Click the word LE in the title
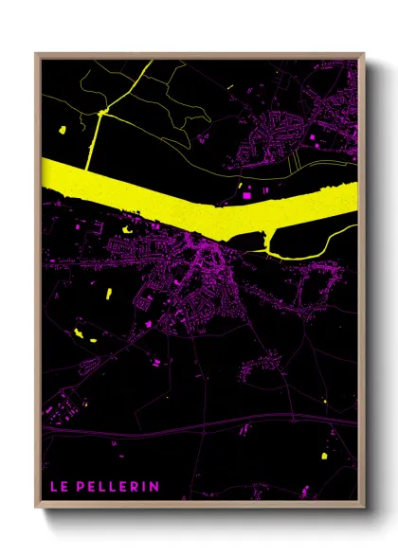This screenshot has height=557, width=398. (59, 487)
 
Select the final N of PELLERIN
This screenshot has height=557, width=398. (154, 487)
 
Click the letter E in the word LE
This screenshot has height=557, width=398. (64, 487)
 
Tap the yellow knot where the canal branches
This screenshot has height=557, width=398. (100, 114)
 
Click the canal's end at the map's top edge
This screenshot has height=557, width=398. (149, 61)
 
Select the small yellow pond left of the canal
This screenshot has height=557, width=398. (63, 129)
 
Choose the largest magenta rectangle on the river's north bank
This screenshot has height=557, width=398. (248, 194)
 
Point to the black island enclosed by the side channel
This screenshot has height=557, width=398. (294, 237)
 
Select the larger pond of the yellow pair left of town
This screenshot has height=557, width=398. (76, 331)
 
